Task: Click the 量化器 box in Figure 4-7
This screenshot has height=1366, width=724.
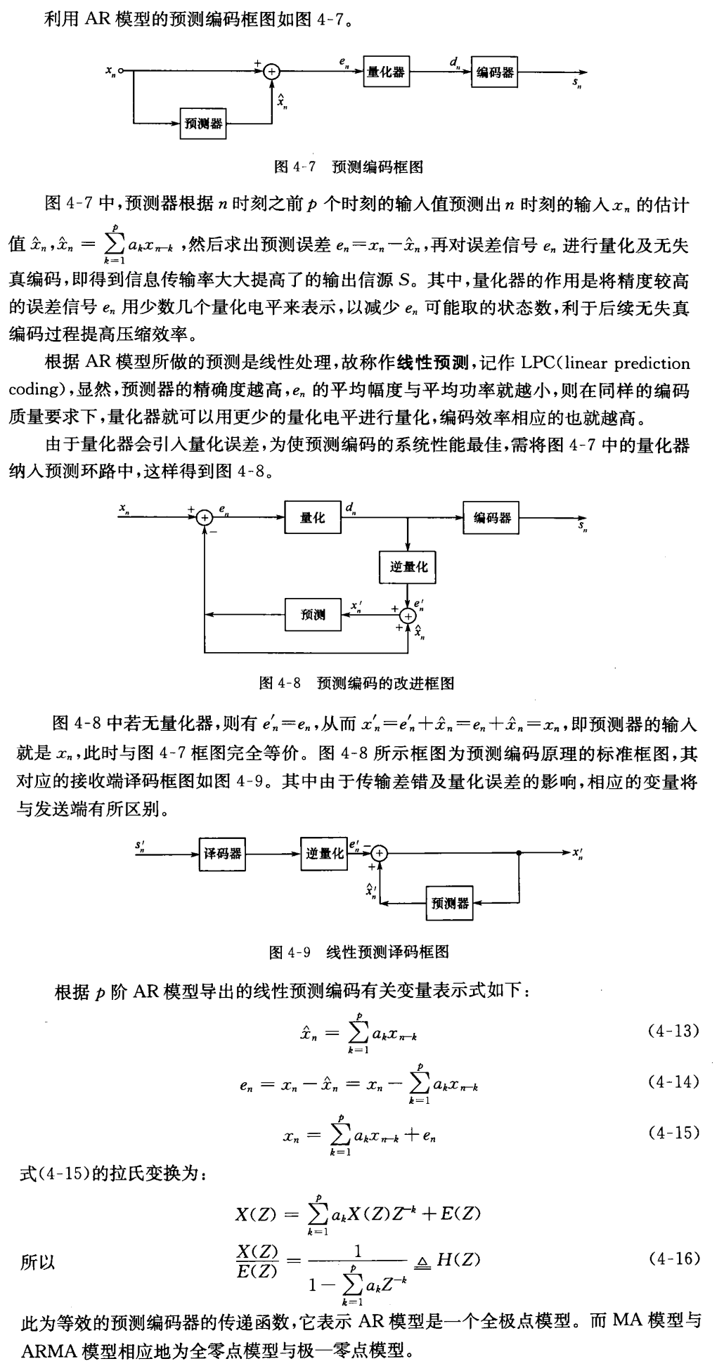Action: click(x=386, y=72)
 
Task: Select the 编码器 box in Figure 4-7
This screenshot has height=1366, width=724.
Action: click(x=494, y=72)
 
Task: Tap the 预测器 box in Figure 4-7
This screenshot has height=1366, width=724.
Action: click(x=203, y=124)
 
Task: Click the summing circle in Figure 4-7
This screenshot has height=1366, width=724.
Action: click(x=272, y=71)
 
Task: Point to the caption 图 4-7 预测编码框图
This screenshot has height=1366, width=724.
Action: click(x=347, y=167)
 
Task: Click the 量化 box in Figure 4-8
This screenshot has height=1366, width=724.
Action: click(x=312, y=518)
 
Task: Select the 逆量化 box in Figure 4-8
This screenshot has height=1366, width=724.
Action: click(x=408, y=566)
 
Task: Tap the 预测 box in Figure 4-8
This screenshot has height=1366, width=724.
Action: click(x=313, y=615)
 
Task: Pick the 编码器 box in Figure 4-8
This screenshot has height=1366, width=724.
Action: click(x=491, y=518)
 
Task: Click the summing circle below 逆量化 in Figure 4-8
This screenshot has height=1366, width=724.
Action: click(x=408, y=616)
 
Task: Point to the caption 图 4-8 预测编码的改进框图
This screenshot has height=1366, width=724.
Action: click(x=356, y=682)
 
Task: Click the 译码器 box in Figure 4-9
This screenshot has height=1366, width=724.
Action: click(x=222, y=853)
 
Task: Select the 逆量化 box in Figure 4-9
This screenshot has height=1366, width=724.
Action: click(x=324, y=853)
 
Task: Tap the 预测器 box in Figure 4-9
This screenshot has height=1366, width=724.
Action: click(x=450, y=903)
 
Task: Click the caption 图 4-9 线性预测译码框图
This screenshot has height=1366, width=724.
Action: click(x=358, y=952)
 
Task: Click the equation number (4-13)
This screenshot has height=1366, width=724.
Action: click(x=672, y=1032)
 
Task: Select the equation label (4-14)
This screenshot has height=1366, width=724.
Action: click(x=672, y=1081)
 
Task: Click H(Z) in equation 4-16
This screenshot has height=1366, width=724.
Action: click(x=458, y=1258)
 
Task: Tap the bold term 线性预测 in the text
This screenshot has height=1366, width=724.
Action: click(x=432, y=363)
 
